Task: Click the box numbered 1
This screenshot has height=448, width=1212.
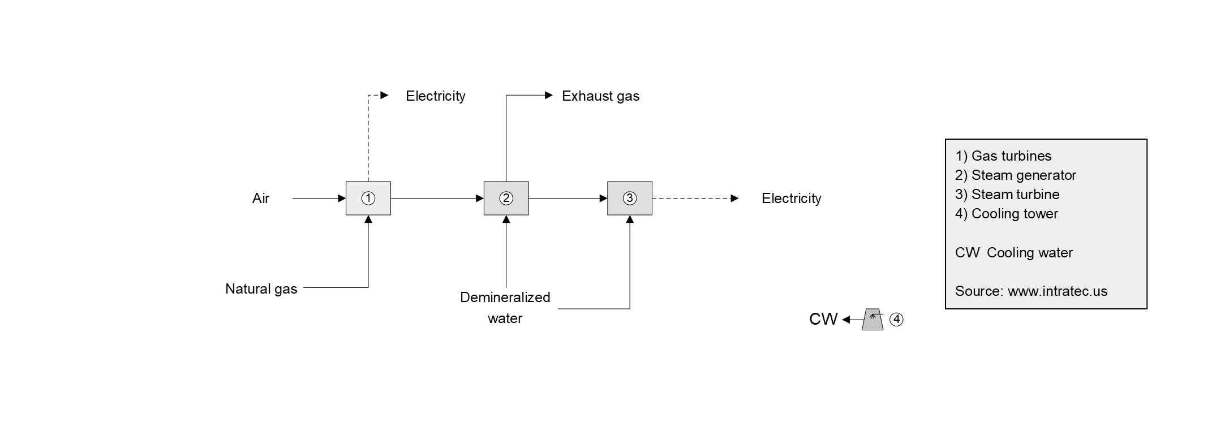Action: click(368, 199)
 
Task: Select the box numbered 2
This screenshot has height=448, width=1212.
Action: click(506, 199)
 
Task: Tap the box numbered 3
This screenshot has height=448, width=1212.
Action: click(630, 199)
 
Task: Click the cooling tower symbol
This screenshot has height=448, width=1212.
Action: click(873, 320)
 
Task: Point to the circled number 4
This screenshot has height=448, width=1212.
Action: click(897, 320)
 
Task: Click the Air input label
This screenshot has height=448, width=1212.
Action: click(261, 199)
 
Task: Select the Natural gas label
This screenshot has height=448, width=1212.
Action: click(261, 289)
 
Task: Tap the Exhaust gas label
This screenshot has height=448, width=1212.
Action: click(600, 96)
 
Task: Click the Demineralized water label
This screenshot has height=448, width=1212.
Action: click(505, 308)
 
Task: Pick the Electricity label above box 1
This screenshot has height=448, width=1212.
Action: click(435, 96)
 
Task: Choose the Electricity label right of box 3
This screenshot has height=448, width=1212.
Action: click(791, 199)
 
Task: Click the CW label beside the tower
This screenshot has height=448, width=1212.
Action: click(823, 320)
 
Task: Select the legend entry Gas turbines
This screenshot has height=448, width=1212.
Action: click(1003, 156)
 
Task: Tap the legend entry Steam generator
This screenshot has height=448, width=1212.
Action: click(1016, 175)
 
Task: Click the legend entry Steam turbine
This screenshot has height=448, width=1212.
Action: click(1007, 195)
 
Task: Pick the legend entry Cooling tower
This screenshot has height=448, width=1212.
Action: click(1007, 214)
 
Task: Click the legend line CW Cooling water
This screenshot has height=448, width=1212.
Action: click(1013, 253)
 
